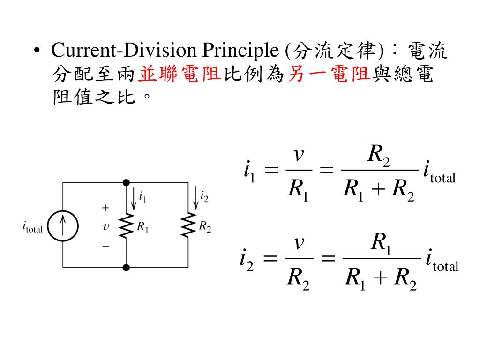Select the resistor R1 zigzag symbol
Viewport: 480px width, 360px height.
tap(126, 225)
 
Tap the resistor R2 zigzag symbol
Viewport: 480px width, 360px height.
tap(188, 225)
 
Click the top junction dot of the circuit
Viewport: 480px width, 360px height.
tap(126, 183)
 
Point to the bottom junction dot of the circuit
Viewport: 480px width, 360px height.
tap(126, 268)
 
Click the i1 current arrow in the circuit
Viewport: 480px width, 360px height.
tap(134, 199)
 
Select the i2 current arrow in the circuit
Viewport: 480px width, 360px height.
tap(196, 198)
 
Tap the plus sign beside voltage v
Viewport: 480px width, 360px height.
tap(105, 208)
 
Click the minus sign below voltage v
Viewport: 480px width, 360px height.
tap(105, 246)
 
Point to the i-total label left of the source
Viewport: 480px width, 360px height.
tap(32, 227)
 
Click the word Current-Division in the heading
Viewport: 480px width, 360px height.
tap(124, 50)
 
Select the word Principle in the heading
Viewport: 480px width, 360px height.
tap(240, 50)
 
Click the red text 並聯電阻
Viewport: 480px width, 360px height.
tap(180, 74)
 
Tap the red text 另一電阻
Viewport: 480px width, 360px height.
tap(330, 74)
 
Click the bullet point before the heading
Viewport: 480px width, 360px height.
tap(37, 51)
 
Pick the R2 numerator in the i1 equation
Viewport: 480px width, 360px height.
tap(379, 155)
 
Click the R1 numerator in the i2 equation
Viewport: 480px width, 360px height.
tap(381, 243)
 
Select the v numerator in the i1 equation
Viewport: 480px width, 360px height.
tap(299, 155)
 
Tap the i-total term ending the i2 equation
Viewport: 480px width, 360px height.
tap(442, 261)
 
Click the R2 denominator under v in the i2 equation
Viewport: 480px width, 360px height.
tap(298, 278)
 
